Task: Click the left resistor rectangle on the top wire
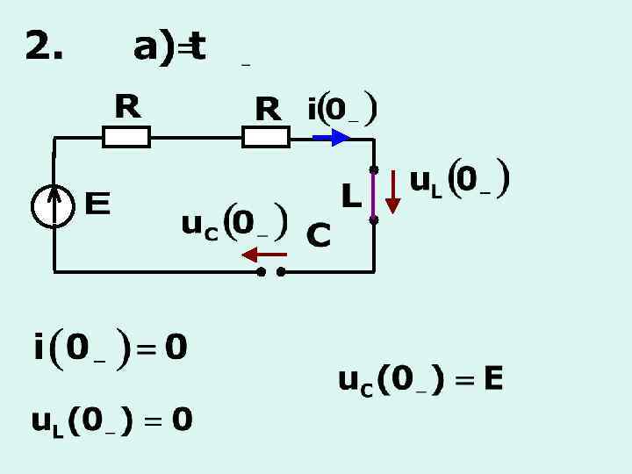pos(126,137)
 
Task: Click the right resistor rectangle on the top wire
pos(266,137)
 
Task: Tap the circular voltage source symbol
pos(54,207)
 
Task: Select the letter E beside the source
pos(97,206)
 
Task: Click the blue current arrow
pos(332,137)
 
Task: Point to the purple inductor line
pos(374,195)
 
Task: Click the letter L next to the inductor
pos(350,197)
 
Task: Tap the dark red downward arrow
pos(392,192)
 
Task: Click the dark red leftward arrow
pos(263,255)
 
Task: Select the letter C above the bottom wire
pos(318,235)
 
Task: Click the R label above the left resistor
pos(127,107)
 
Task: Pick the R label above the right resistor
pos(267,110)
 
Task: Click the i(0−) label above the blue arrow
pos(342,111)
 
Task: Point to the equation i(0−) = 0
pos(111,348)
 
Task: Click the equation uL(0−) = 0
pos(112,421)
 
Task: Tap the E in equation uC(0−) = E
pos(492,380)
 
